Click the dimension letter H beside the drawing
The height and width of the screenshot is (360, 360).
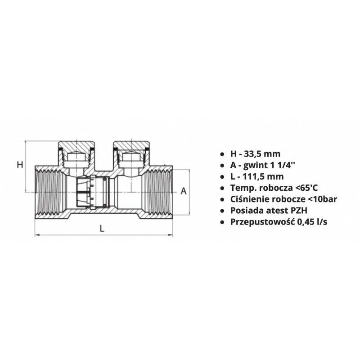point(20,165)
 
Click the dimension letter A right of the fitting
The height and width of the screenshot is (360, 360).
point(184,191)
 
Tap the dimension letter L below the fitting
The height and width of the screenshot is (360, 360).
point(102,228)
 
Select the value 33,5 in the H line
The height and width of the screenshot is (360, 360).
point(254,154)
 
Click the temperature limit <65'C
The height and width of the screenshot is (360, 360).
point(306,188)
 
